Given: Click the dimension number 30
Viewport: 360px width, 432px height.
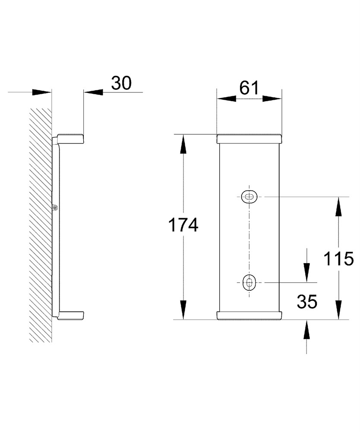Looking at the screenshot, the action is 121,83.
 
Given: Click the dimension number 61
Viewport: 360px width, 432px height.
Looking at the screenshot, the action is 249,88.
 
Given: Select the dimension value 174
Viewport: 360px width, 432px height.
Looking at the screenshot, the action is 183,225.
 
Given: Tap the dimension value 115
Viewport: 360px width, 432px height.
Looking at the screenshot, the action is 338,259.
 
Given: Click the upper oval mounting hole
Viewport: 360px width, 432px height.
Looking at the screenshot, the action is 249,197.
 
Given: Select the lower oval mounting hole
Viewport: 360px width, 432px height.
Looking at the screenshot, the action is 249,283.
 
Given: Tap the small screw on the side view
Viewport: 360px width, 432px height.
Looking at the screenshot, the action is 56,207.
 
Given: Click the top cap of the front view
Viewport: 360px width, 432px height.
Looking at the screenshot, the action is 249,139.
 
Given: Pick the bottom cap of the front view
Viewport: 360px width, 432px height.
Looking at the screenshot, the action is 249,316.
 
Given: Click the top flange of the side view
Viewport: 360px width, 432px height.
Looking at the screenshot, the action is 70,139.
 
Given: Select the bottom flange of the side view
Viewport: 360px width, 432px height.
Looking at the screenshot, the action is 70,316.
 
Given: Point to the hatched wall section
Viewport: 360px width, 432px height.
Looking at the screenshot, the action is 41,225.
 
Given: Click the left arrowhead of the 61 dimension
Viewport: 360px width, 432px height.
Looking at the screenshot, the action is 226,98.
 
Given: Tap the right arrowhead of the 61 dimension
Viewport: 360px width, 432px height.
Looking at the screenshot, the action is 272,98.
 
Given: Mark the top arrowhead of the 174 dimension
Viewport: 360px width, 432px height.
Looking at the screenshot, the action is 183,144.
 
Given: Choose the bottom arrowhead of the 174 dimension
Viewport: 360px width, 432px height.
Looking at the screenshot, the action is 183,310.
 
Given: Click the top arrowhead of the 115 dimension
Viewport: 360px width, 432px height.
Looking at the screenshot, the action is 338,206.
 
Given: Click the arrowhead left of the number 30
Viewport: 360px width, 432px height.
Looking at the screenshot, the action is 42,92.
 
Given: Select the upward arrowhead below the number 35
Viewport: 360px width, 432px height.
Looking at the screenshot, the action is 306,329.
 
